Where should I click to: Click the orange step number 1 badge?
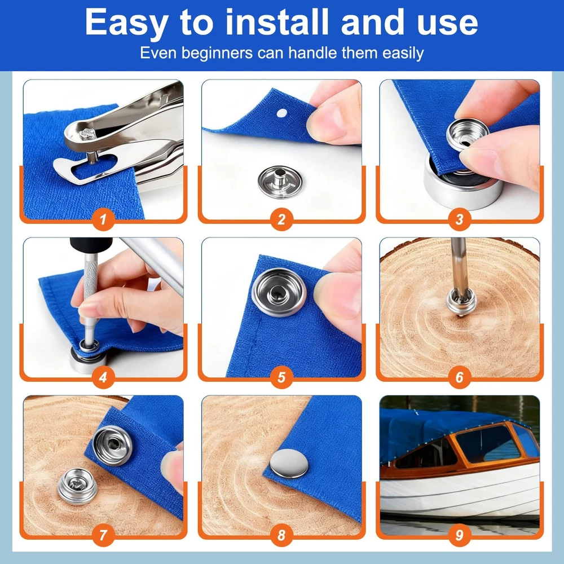103,219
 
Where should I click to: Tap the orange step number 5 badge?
281,377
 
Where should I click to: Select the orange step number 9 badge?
459,535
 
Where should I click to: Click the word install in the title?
277,23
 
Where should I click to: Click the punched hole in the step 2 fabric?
281,113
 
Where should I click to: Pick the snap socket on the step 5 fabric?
279,292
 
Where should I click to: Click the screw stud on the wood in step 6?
461,301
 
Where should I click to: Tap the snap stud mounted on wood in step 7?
77,486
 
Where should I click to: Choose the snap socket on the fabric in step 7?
113,446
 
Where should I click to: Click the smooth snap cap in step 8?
289,463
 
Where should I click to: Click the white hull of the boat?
460,493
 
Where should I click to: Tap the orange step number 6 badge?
459,377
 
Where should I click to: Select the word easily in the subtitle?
403,53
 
